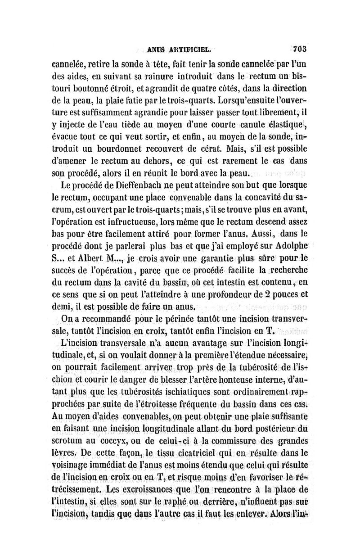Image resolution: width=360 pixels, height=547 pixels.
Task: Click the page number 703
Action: pos(299,49)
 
